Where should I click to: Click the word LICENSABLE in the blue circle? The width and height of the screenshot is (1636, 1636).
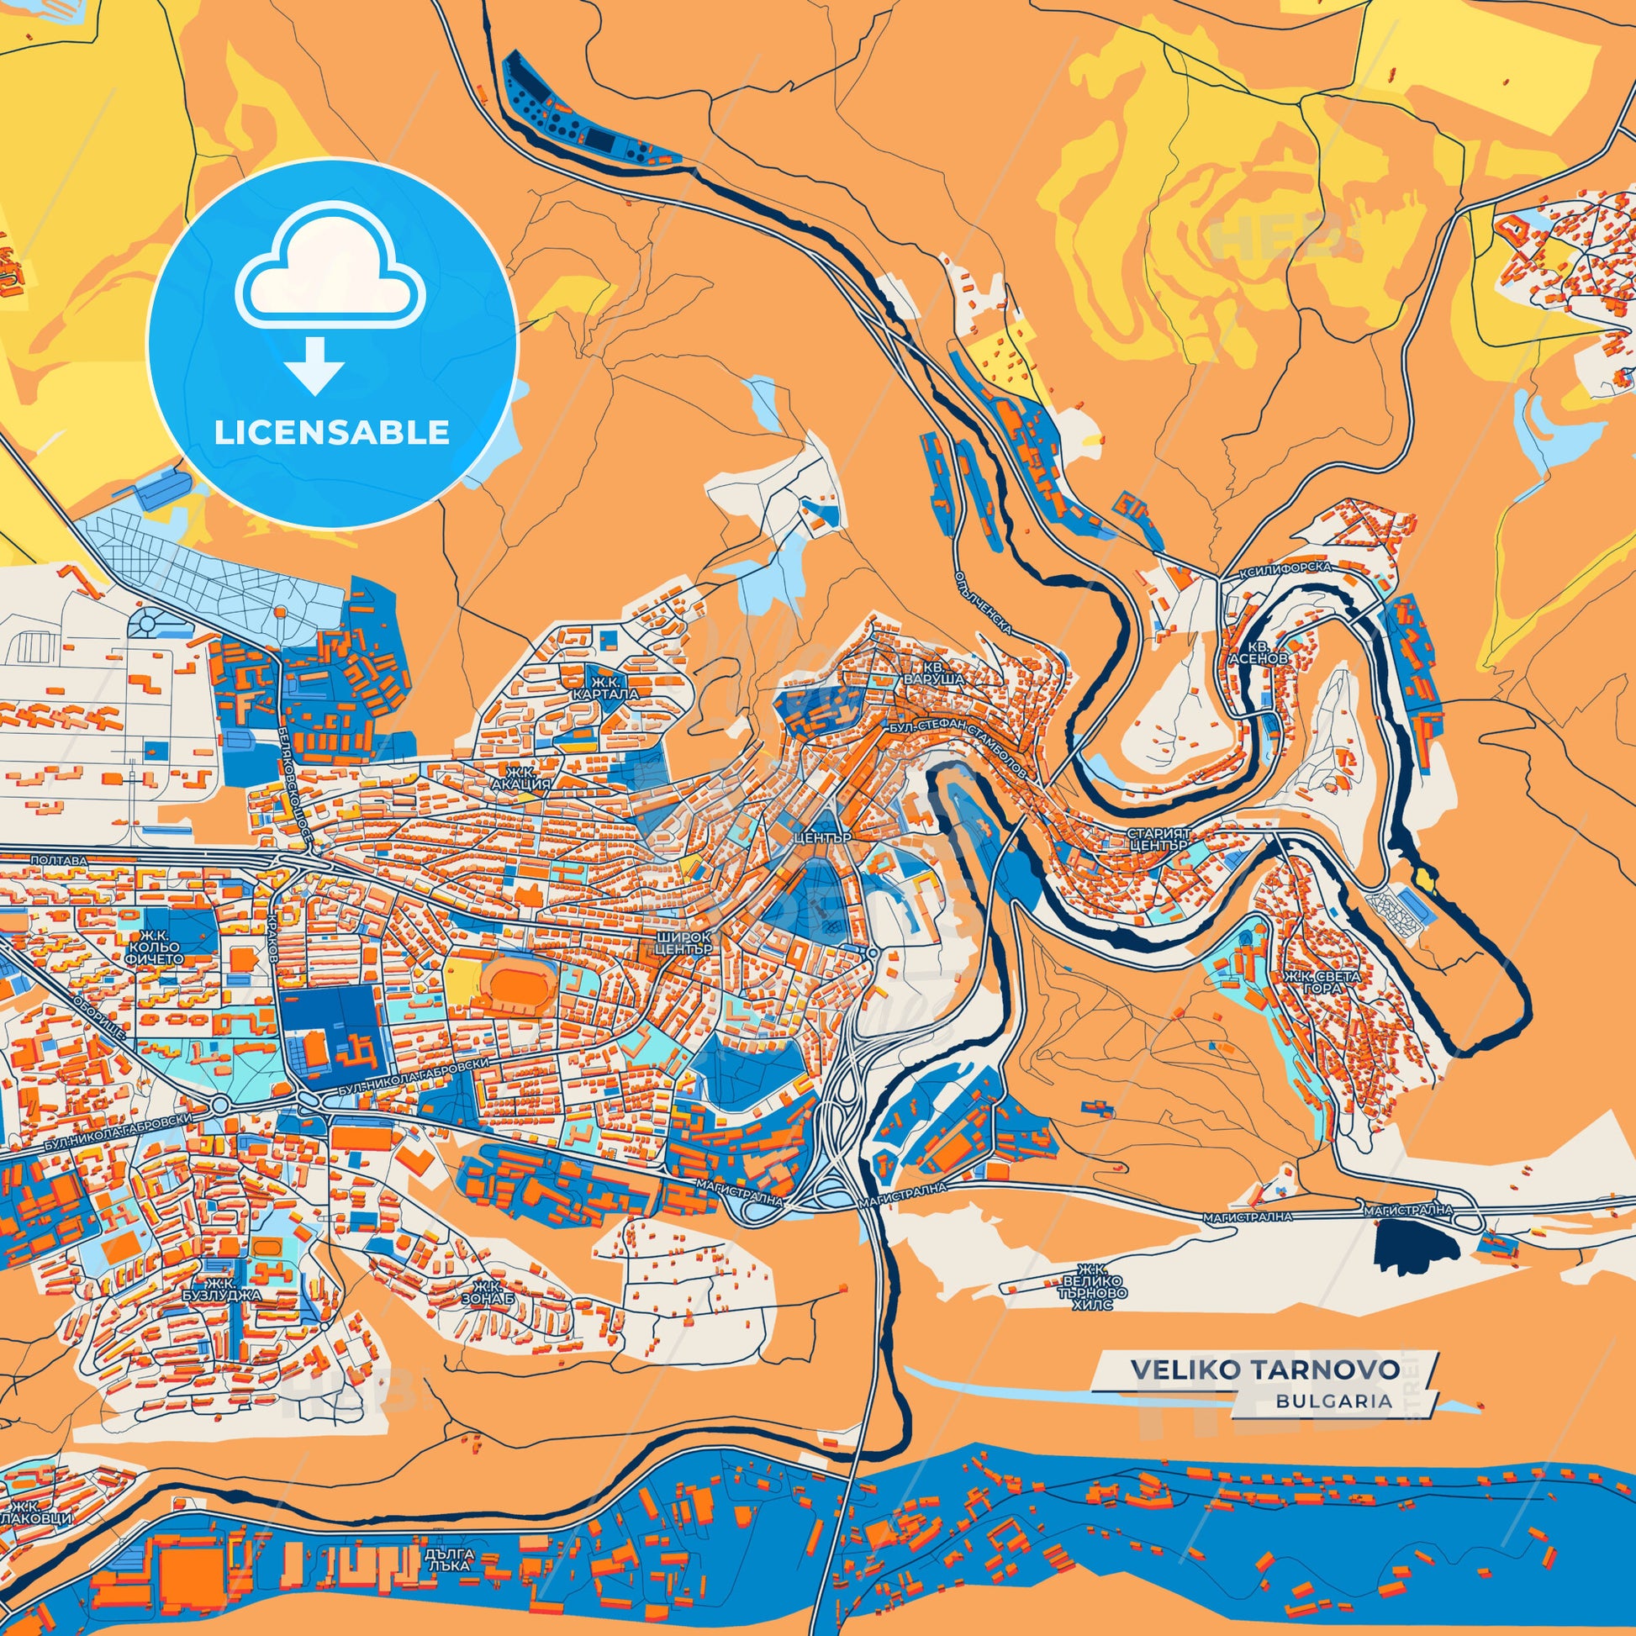(332, 433)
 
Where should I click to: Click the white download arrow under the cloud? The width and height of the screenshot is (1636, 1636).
(314, 366)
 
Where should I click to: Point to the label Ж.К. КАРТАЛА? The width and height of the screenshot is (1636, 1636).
(604, 688)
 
